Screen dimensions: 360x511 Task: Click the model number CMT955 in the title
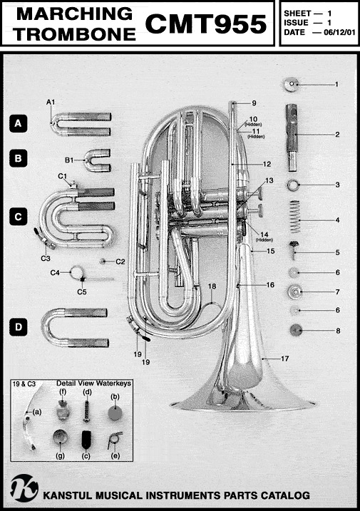click(206, 24)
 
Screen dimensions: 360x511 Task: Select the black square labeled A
click(19, 123)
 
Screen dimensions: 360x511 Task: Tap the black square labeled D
click(19, 327)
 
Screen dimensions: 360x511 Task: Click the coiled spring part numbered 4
click(295, 216)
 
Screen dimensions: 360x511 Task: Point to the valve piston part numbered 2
click(292, 138)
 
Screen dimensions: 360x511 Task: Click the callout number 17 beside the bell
click(284, 358)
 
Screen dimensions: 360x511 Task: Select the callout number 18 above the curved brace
click(212, 286)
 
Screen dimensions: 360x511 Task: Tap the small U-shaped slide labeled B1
click(97, 160)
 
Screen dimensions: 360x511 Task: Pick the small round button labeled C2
click(103, 261)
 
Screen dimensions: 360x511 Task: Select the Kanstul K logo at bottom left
click(24, 488)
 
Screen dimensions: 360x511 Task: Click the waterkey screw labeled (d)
click(87, 411)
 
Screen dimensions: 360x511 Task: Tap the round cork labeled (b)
click(115, 413)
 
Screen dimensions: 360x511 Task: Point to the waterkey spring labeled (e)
click(115, 440)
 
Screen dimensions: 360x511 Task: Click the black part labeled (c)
click(86, 440)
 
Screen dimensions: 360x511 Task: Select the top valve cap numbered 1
click(291, 85)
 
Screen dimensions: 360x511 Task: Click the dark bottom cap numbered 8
click(296, 331)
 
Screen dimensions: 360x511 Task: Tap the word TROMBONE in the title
click(75, 34)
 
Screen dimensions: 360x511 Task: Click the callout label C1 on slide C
click(62, 176)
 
